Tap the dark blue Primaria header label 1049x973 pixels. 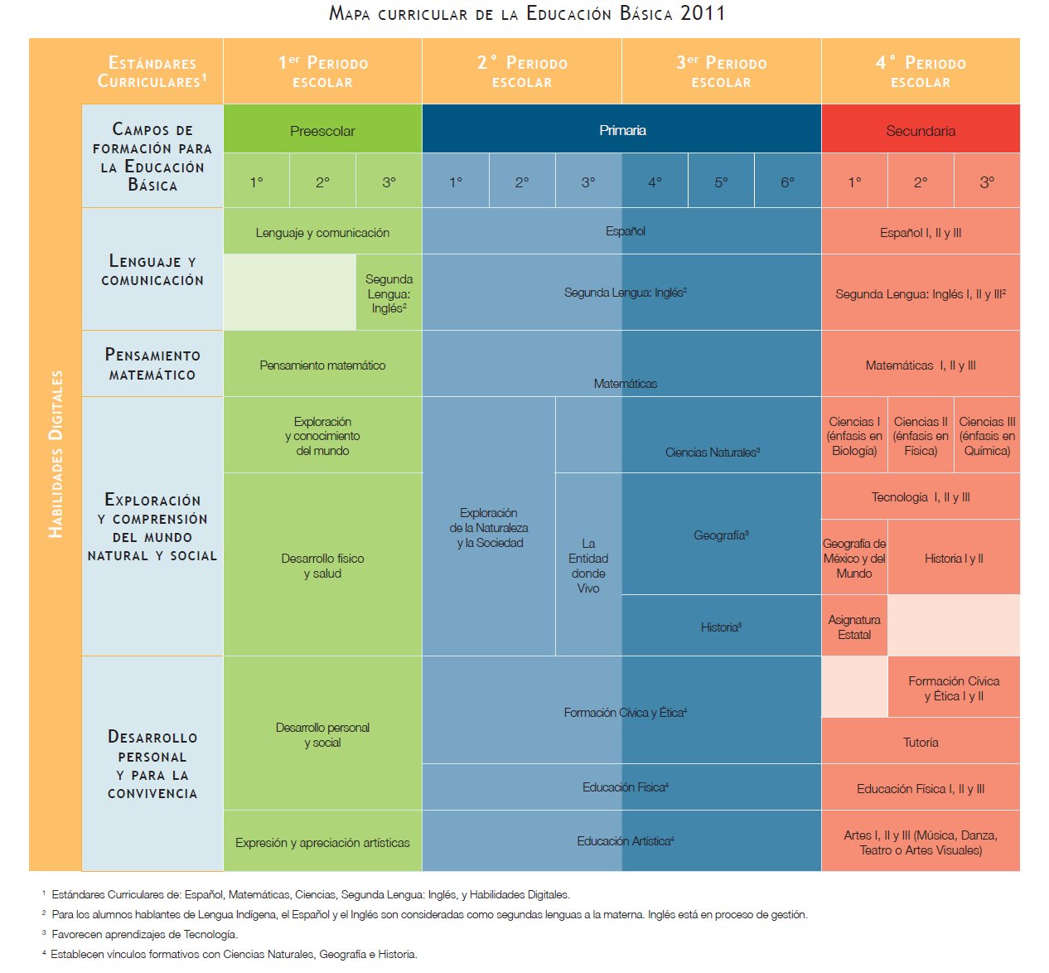[x=622, y=130]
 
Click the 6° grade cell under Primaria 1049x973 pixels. [x=787, y=181]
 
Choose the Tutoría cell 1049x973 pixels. [x=921, y=741]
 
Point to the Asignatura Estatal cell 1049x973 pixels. [x=854, y=627]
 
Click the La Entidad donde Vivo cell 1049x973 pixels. [x=588, y=564]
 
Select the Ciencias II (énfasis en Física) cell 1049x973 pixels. [x=921, y=435]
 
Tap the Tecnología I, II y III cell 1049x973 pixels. [x=921, y=496]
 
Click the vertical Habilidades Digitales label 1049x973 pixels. [x=56, y=454]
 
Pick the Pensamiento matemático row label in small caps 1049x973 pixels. [x=152, y=364]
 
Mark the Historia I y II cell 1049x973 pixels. [x=954, y=558]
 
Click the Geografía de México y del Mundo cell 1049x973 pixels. [x=854, y=558]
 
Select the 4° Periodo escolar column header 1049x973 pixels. [x=921, y=70]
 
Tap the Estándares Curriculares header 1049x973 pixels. [x=152, y=71]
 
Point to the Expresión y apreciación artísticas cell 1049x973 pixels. [x=322, y=841]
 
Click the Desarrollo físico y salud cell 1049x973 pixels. [x=322, y=564]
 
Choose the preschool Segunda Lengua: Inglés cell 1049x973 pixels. [x=389, y=293]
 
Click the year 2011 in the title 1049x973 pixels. [x=703, y=13]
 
